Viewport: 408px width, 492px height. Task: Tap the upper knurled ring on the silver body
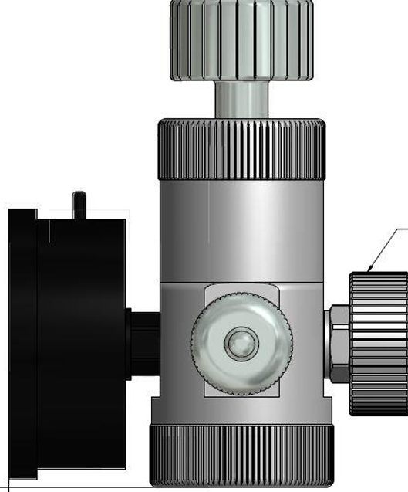[241, 150]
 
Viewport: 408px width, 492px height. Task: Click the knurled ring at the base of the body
[241, 456]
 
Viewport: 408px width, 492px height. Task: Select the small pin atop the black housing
[77, 203]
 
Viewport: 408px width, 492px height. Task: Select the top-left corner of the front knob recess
[205, 285]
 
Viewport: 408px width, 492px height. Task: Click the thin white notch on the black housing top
[47, 232]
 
